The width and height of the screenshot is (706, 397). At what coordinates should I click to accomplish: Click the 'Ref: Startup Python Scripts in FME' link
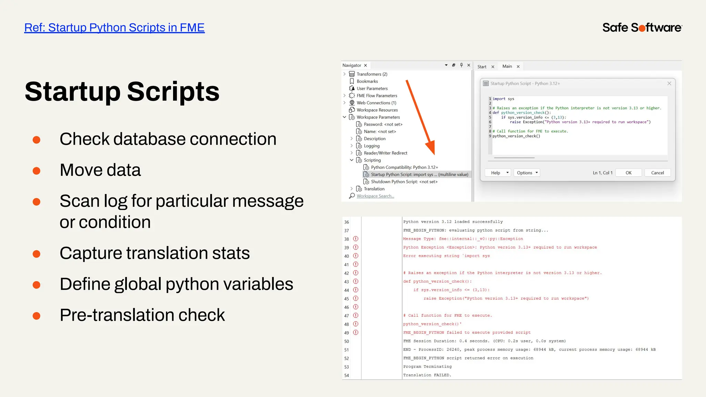tap(114, 28)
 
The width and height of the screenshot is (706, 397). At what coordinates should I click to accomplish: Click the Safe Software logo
tap(642, 28)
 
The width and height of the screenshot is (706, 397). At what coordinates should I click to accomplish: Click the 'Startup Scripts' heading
tap(122, 92)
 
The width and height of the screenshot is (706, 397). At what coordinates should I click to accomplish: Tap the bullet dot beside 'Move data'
tap(37, 171)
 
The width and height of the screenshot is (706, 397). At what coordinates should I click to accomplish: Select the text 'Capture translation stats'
tap(154, 253)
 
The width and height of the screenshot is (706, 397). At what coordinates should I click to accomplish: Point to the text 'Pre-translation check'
tap(142, 315)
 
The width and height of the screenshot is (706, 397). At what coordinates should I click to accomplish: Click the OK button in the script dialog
tap(628, 173)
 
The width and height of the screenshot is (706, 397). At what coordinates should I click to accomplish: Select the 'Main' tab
tap(507, 67)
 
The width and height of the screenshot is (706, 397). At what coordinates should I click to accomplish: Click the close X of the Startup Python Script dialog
tap(669, 83)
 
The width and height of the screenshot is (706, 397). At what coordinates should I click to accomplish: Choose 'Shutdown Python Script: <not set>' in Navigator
tap(404, 182)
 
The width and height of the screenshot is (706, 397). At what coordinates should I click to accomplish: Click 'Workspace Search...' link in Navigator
tap(375, 196)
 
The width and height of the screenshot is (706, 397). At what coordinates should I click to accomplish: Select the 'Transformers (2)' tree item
tap(372, 74)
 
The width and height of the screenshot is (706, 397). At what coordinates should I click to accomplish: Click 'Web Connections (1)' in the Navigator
tap(376, 103)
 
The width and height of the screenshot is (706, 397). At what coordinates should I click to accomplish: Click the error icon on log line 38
tap(356, 239)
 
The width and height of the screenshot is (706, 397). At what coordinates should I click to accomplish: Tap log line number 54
tap(346, 375)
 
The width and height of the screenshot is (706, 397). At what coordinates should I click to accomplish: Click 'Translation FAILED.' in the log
tap(427, 375)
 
